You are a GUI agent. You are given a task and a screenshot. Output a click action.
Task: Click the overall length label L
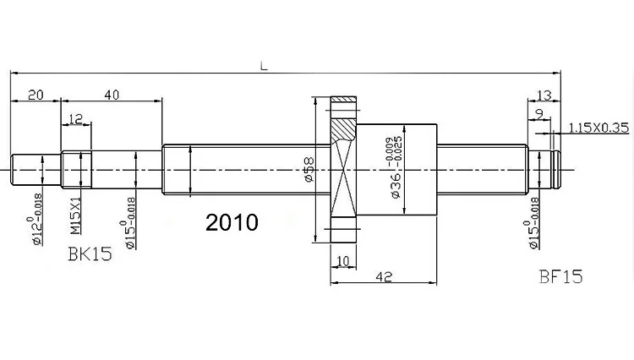click(x=264, y=65)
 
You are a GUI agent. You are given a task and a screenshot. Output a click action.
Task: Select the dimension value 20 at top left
click(x=36, y=95)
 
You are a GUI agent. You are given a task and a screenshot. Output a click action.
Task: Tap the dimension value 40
click(x=111, y=95)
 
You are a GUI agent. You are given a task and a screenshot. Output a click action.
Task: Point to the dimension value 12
click(x=76, y=121)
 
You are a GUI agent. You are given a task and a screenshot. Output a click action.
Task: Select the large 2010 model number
click(x=232, y=222)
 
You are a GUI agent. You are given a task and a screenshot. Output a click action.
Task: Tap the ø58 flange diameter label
click(x=309, y=172)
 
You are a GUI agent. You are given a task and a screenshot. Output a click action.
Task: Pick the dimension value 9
click(x=538, y=112)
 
